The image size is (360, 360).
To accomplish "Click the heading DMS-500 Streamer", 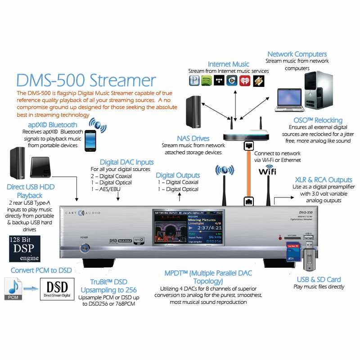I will [x=86, y=81].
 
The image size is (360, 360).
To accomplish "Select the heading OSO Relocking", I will [x=318, y=120].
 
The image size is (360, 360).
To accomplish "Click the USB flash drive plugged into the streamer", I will [x=309, y=254].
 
